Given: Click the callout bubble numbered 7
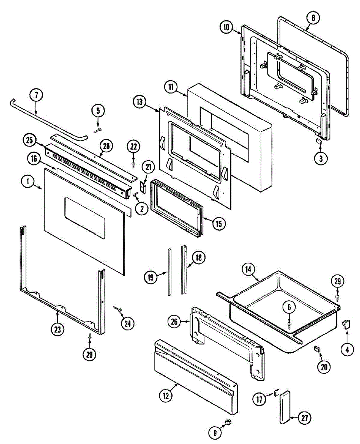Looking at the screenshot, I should click(x=36, y=95).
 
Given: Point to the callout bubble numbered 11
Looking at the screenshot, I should click(x=171, y=87).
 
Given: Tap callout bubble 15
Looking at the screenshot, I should click(x=219, y=223).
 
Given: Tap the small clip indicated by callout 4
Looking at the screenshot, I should click(x=347, y=324).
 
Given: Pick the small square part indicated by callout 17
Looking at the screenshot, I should click(x=277, y=392).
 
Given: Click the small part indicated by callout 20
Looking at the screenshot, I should click(x=317, y=349).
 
